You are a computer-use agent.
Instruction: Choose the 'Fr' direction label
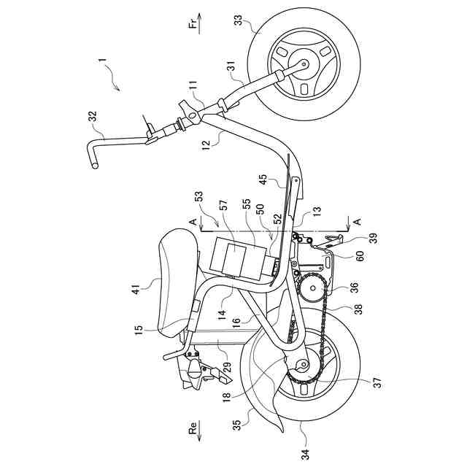click(x=193, y=26)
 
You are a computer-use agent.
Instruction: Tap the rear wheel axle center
click(x=302, y=368)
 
